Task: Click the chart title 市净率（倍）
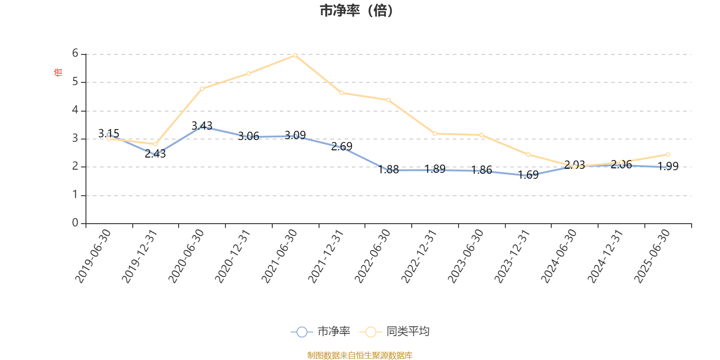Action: (x=356, y=11)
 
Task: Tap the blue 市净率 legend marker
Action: (x=302, y=332)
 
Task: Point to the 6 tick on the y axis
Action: (x=75, y=54)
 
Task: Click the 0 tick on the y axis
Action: (x=75, y=223)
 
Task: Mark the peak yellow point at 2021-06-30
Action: (x=295, y=55)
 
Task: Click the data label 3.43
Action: (x=202, y=126)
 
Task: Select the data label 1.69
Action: (x=528, y=175)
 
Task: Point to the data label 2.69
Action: (x=342, y=146)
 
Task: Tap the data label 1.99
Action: (x=668, y=166)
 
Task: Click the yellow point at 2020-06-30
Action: (x=202, y=89)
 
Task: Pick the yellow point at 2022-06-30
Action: (x=388, y=100)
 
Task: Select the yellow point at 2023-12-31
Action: (x=528, y=155)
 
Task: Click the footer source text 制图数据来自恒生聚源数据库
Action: (x=360, y=355)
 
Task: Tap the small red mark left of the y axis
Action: (x=57, y=72)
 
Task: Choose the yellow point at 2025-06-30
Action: (x=668, y=155)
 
